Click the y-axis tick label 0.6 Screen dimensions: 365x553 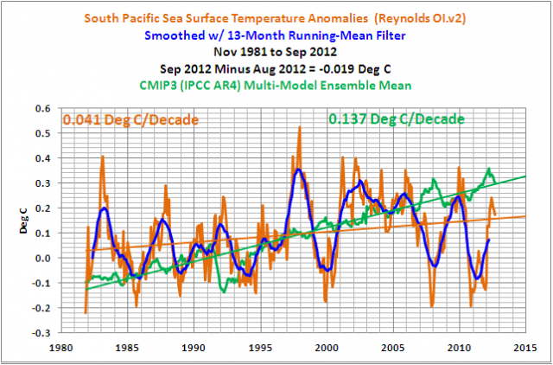click(x=41, y=109)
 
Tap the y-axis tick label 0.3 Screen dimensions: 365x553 click(x=41, y=183)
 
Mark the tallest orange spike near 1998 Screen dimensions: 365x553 click(x=300, y=127)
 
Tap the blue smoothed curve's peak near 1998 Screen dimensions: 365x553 click(x=298, y=170)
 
